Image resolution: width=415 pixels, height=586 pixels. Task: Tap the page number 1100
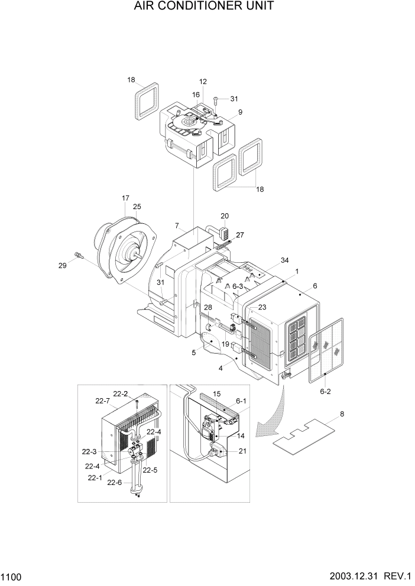[x=12, y=575]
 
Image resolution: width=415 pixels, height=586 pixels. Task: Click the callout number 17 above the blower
[x=125, y=198]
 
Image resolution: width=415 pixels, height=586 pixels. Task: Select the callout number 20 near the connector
[x=225, y=216]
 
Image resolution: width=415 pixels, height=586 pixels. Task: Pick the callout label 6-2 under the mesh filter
[x=325, y=392]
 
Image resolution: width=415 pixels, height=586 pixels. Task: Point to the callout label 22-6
[x=114, y=482]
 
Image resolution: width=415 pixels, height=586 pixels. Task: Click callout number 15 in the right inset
[x=216, y=393]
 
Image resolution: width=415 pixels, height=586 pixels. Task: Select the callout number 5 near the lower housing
[x=193, y=353]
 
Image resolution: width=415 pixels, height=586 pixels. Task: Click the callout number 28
[x=208, y=308]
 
